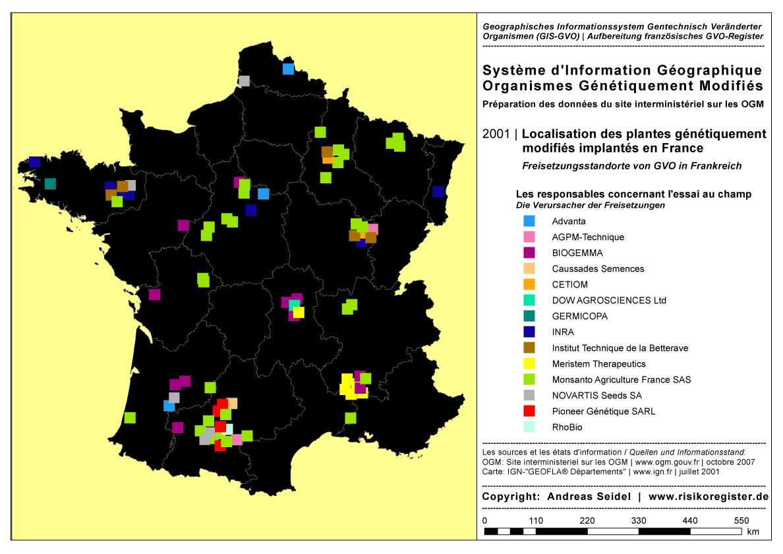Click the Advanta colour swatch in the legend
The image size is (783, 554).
click(x=529, y=221)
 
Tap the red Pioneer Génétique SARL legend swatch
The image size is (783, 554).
click(x=529, y=411)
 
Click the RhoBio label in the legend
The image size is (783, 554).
click(x=567, y=427)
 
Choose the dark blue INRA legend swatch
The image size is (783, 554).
click(x=529, y=332)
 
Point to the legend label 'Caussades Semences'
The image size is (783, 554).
click(x=598, y=269)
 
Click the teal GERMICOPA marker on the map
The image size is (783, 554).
click(x=50, y=183)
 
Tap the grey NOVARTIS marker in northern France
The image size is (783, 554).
click(x=244, y=81)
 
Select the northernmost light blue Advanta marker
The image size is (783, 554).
click(x=288, y=69)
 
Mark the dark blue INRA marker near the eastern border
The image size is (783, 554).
click(x=438, y=192)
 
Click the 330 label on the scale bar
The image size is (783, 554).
click(x=639, y=521)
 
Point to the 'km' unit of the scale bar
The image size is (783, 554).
click(x=753, y=532)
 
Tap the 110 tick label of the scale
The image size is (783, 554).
click(x=536, y=521)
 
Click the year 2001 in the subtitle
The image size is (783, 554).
click(x=496, y=134)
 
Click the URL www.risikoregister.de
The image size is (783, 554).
click(x=709, y=497)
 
